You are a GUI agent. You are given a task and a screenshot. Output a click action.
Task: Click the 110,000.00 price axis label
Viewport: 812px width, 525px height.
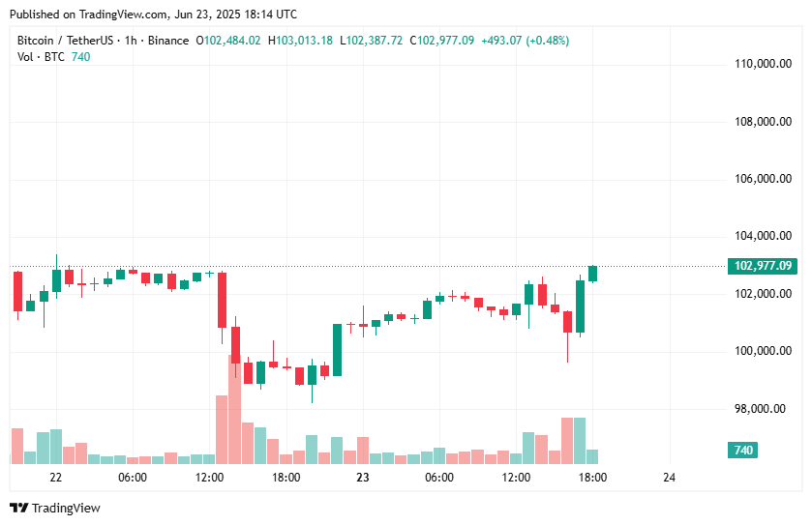[759, 65]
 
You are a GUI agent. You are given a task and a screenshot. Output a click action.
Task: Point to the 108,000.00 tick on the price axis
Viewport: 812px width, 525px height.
[759, 122]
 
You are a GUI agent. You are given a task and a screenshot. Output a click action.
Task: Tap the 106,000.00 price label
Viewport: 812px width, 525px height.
[759, 179]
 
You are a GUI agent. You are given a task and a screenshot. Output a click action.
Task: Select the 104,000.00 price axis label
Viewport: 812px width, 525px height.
[759, 236]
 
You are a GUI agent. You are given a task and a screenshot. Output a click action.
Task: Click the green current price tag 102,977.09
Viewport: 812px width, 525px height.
[764, 266]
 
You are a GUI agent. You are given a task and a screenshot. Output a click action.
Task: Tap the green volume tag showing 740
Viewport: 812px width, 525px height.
[743, 451]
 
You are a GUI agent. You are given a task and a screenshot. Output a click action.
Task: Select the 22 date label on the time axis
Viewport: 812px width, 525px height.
[56, 478]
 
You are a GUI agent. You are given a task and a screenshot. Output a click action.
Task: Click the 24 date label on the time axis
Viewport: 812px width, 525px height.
[669, 478]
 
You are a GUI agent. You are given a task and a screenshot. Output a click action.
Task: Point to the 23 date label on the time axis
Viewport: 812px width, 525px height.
[363, 478]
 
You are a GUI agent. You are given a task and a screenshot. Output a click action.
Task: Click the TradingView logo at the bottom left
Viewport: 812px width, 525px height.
[55, 508]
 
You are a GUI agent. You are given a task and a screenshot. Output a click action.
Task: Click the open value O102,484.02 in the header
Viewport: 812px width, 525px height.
[229, 41]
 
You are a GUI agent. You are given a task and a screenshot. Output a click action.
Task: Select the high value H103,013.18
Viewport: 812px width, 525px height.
[300, 41]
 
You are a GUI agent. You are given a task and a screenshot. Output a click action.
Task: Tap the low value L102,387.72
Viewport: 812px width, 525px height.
[372, 41]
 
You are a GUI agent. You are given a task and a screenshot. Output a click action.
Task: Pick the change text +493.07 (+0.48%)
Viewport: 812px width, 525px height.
[524, 41]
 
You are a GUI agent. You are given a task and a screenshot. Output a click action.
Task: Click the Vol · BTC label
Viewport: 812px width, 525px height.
[42, 56]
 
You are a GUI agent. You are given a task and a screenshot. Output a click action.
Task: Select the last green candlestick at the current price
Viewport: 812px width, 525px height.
[592, 274]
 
